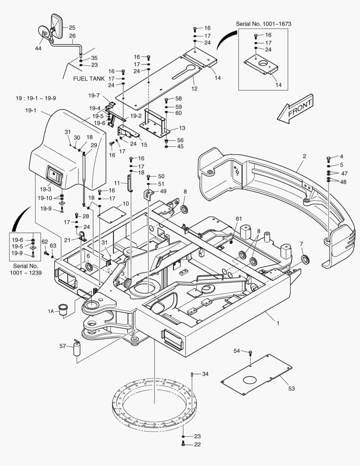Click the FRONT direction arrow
[x=296, y=107]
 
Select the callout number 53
[x=291, y=389]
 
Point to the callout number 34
[x=205, y=374]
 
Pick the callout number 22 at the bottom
[x=197, y=444]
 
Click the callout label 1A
[x=51, y=311]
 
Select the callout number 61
[x=238, y=219]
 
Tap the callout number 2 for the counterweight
[x=304, y=156]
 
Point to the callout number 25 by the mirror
[x=72, y=27]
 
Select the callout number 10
[x=125, y=203]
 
